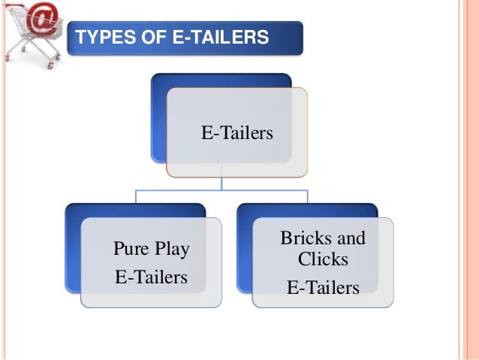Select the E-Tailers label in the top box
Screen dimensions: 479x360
point(236,134)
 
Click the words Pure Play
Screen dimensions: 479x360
point(151,249)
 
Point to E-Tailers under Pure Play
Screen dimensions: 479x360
point(151,277)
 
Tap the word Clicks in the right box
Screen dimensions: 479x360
point(324,260)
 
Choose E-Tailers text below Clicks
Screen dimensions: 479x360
point(324,287)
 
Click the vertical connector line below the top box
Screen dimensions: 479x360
point(221,183)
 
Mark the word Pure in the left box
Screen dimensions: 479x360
point(130,249)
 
